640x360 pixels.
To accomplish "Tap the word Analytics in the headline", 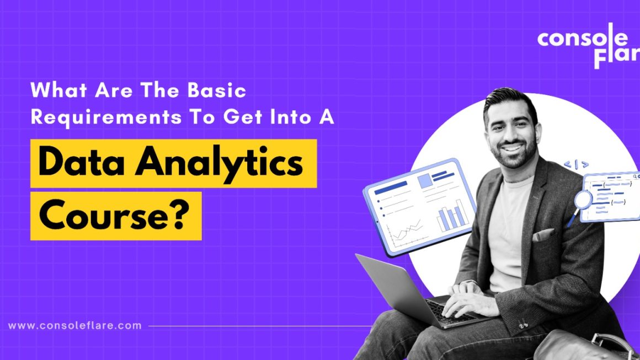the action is click(219, 164).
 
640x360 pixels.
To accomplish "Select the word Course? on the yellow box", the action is click(114, 215).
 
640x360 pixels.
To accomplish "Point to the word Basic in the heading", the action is click(217, 90).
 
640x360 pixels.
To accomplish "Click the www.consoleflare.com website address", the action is click(74, 325).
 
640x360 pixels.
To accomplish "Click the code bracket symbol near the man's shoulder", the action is click(577, 164).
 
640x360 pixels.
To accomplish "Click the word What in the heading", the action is click(59, 90).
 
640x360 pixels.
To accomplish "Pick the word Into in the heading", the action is click(291, 117).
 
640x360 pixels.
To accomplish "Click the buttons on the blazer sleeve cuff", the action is click(523, 325).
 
